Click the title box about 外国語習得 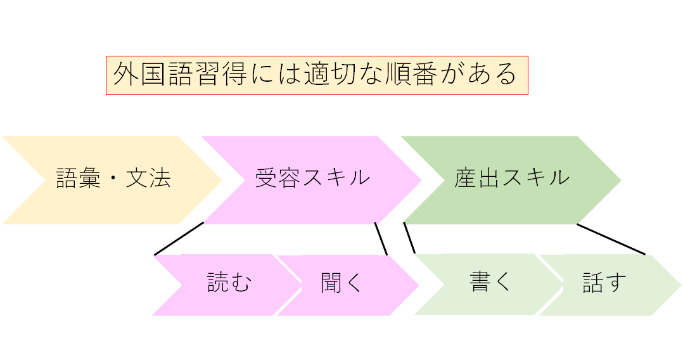(x=317, y=75)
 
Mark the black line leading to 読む (x=179, y=238)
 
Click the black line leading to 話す (x=611, y=239)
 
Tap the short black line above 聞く (x=381, y=238)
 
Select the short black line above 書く (x=409, y=238)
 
